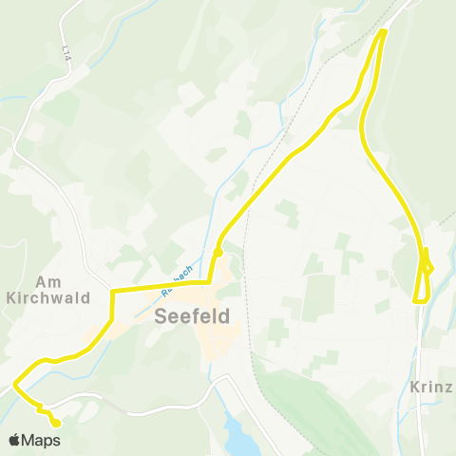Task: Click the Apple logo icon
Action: [15, 440]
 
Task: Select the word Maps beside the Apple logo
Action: [43, 441]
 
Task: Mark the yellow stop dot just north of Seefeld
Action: [218, 252]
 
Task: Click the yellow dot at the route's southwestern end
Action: [56, 423]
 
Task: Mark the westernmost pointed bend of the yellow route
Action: [15, 385]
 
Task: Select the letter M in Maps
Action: [31, 441]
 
